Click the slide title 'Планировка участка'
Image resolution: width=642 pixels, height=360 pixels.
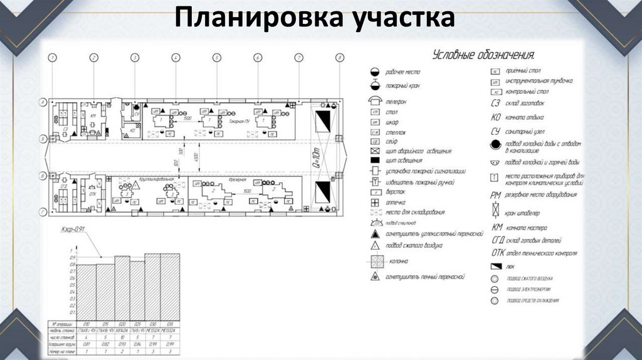315,18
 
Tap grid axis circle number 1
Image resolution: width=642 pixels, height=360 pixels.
53,58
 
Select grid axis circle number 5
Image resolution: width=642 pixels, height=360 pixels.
216,58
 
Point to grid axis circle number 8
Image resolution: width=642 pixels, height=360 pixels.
339,58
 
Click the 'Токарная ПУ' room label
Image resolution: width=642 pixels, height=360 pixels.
241,120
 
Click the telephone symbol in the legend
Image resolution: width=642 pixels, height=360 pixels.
374,100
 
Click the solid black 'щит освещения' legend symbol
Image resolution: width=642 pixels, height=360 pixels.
374,161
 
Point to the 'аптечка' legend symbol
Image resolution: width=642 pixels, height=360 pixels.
374,203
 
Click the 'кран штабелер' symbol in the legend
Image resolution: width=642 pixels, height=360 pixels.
495,213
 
